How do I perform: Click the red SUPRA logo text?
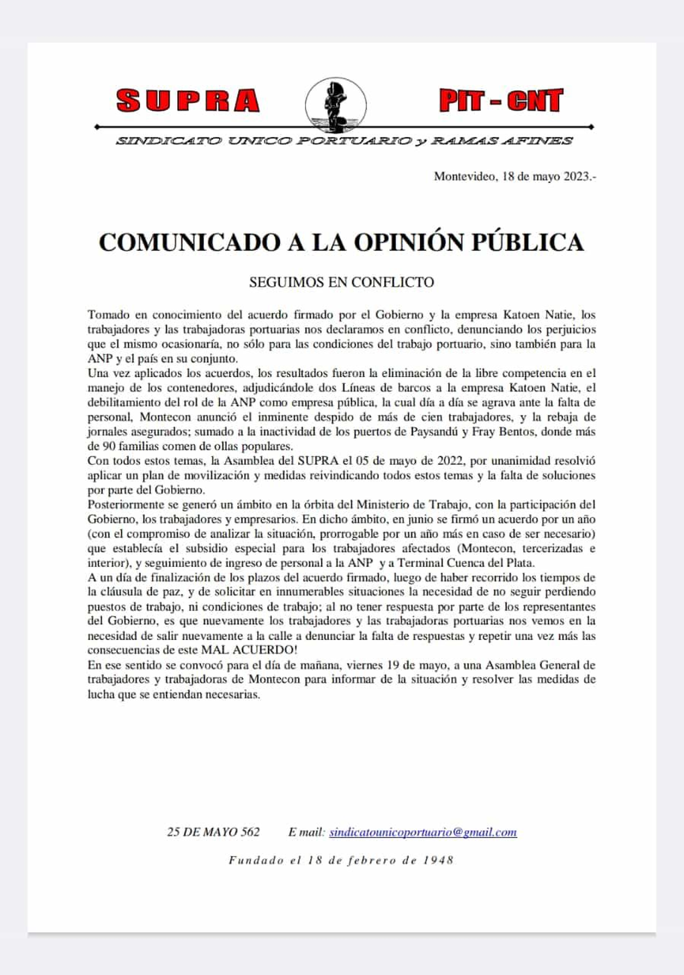(188, 101)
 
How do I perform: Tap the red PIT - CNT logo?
(501, 100)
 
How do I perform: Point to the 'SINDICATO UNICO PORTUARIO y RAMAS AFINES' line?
(344, 141)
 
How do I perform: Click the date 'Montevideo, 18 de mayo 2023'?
(515, 176)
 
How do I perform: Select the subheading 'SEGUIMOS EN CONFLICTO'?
(341, 282)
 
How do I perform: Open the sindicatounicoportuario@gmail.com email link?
(423, 832)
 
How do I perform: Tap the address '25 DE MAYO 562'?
(213, 832)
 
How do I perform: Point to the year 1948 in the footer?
(438, 860)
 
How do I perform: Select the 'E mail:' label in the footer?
(306, 832)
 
